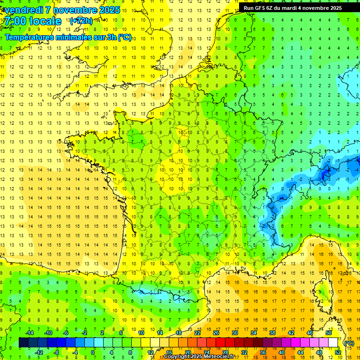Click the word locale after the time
pyautogui.click(x=45, y=21)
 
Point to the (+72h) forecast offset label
pyautogui.click(x=81, y=21)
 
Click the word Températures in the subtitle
pyautogui.click(x=29, y=37)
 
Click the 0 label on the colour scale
pyautogui.click(x=92, y=352)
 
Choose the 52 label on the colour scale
pyautogui.click(x=338, y=352)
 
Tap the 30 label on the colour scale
pyautogui.click(x=235, y=333)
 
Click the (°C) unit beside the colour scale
pyautogui.click(x=349, y=343)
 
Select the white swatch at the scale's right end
pyautogui.click(x=333, y=343)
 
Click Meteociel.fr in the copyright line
pyautogui.click(x=217, y=357)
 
